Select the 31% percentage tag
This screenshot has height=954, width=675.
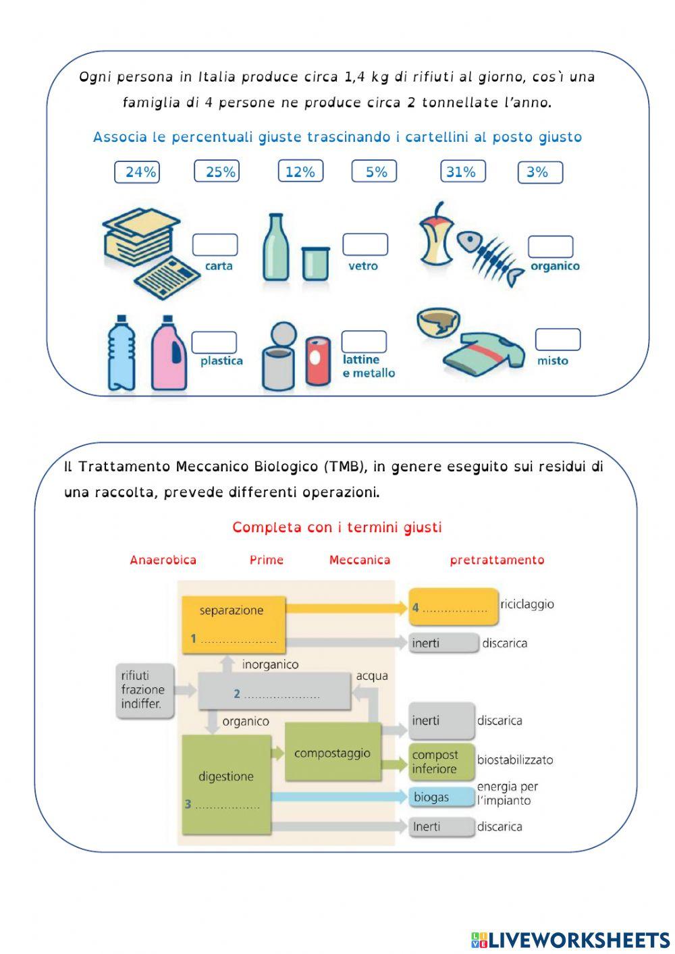pyautogui.click(x=462, y=172)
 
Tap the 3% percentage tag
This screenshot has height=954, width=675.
pyautogui.click(x=540, y=172)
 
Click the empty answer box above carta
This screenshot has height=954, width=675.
pyautogui.click(x=215, y=244)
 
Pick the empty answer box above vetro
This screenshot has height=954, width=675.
pyautogui.click(x=365, y=244)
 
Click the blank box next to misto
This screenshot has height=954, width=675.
pyautogui.click(x=558, y=340)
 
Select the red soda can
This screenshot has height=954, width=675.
pyautogui.click(x=318, y=361)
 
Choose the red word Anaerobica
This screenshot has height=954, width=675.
pyautogui.click(x=163, y=560)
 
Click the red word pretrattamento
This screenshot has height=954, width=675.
pyautogui.click(x=497, y=560)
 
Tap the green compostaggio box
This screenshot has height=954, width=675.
pyautogui.click(x=333, y=752)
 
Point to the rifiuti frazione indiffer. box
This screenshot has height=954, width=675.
pyautogui.click(x=144, y=690)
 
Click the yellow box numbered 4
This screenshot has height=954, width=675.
pyautogui.click(x=453, y=607)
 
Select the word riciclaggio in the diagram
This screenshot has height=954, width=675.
pyautogui.click(x=527, y=604)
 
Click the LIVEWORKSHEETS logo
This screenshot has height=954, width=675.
pyautogui.click(x=570, y=939)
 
